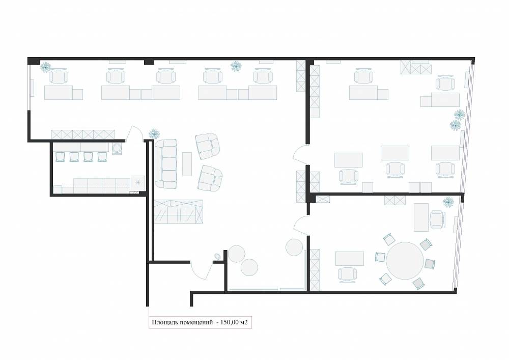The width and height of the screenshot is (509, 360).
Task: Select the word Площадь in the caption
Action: tap(164, 323)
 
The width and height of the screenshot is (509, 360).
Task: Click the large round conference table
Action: tap(405, 261)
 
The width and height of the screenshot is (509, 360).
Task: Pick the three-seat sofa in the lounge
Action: tap(165, 164)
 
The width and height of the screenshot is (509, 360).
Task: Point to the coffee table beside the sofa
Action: tap(187, 164)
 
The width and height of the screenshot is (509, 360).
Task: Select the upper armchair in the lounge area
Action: tap(208, 146)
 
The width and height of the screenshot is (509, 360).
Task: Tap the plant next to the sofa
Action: tap(154, 134)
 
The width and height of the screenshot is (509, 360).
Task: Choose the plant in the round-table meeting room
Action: tap(448, 202)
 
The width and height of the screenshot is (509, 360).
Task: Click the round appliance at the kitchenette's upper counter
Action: tap(117, 148)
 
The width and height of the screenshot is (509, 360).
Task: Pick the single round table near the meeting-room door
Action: tap(294, 247)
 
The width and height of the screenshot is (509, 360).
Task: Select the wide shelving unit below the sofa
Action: tap(178, 212)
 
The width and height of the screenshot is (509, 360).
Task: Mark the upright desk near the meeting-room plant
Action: tap(421, 217)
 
